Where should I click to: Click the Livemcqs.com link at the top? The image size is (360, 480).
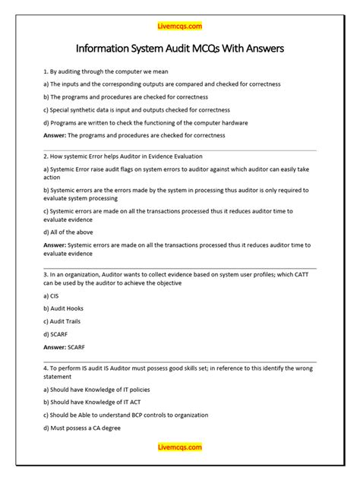click(x=180, y=26)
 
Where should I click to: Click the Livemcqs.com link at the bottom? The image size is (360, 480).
click(x=180, y=447)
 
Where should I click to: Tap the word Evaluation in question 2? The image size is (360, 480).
click(x=191, y=155)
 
